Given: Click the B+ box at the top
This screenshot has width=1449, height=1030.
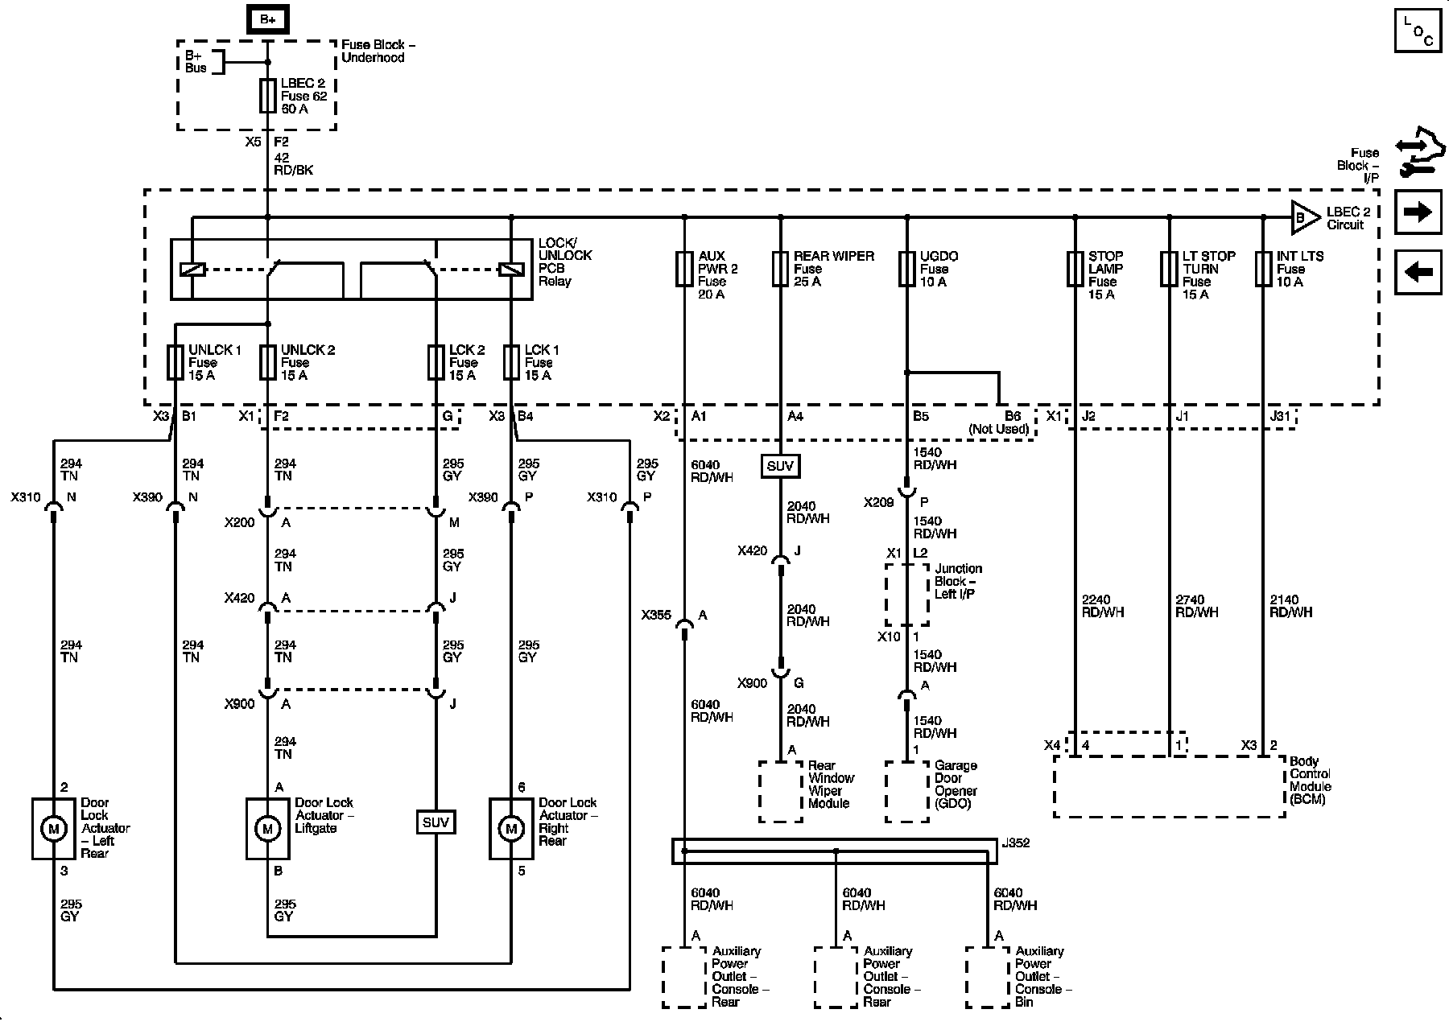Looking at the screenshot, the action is (x=268, y=19).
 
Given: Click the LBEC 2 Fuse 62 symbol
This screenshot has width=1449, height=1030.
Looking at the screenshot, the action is (x=268, y=96).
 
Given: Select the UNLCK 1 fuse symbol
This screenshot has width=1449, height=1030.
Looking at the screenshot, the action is (x=175, y=362).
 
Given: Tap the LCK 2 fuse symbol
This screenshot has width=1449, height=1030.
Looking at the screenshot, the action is (x=436, y=362).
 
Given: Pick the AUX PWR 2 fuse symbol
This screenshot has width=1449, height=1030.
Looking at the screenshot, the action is (x=684, y=269).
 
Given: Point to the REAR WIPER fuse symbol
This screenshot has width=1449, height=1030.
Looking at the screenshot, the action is (x=780, y=269).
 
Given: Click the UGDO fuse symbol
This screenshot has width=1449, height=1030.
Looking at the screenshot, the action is (x=907, y=269).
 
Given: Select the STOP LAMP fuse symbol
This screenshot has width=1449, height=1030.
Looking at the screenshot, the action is (x=1075, y=269).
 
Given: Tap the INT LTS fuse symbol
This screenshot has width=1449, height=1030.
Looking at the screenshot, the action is (x=1264, y=269).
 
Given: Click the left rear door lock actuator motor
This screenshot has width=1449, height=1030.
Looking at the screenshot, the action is (x=53, y=828).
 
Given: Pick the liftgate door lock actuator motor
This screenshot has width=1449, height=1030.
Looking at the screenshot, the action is (x=267, y=828).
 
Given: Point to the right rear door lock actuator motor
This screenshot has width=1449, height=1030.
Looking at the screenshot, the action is (x=511, y=828).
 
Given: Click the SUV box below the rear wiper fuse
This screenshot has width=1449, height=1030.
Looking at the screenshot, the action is (x=780, y=467).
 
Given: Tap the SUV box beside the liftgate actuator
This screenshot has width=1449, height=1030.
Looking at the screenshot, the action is (x=436, y=822).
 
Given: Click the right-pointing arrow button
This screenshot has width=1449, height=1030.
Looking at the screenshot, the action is (x=1418, y=212).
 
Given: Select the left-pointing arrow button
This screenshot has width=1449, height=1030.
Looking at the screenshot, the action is (x=1418, y=272).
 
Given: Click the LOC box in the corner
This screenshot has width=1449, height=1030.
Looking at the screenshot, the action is (x=1418, y=31).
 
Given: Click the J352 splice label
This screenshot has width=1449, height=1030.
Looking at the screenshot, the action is (x=1015, y=843).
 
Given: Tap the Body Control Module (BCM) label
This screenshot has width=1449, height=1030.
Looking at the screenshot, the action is (x=1311, y=781).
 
